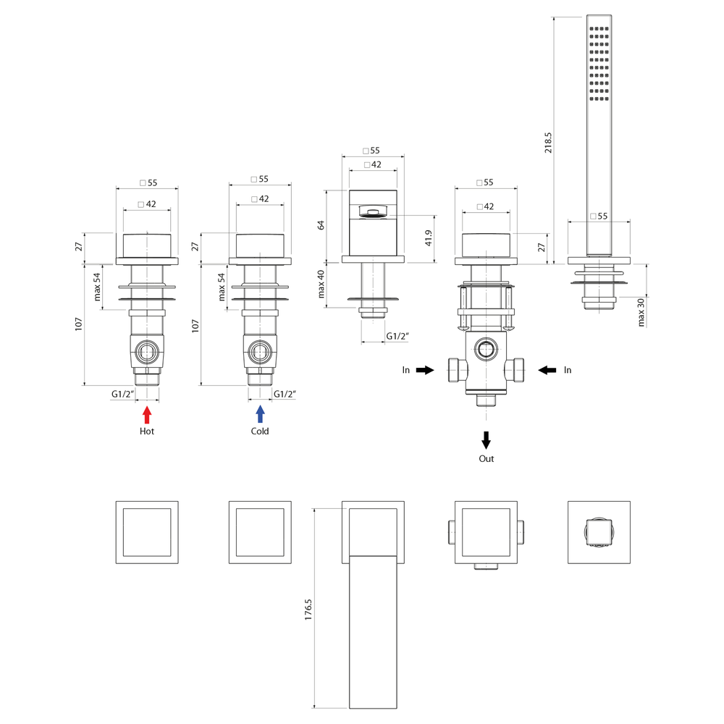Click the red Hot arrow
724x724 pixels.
coord(147,415)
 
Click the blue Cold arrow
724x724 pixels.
coord(260,415)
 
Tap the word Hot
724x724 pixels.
coord(147,432)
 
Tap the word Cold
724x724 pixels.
coord(260,432)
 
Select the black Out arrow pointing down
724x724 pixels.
coord(487,439)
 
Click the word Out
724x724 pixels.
coord(487,459)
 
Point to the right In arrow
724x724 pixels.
coord(547,370)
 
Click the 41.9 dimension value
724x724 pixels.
coord(429,238)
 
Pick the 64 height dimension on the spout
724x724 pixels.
coord(321,226)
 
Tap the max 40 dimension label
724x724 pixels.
coord(321,285)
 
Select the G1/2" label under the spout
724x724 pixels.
coord(397,336)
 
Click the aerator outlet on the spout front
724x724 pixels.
coord(373,212)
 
